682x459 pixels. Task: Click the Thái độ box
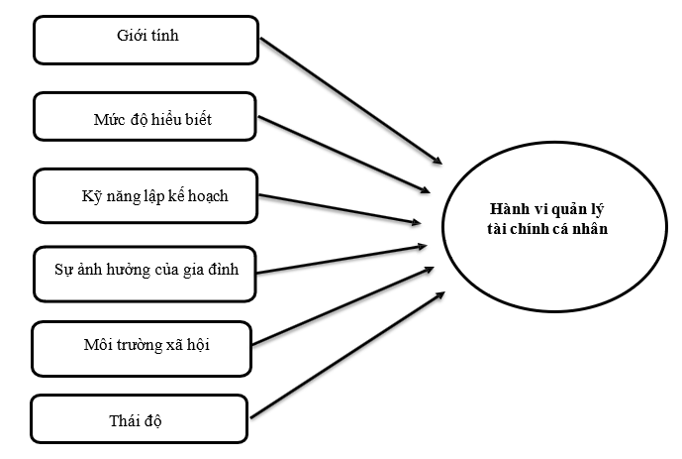click(x=139, y=420)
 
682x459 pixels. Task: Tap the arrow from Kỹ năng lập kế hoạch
click(x=341, y=207)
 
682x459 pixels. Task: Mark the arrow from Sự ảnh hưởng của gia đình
click(x=341, y=257)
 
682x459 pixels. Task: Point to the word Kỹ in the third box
click(x=92, y=195)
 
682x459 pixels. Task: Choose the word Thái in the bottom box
click(x=125, y=420)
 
